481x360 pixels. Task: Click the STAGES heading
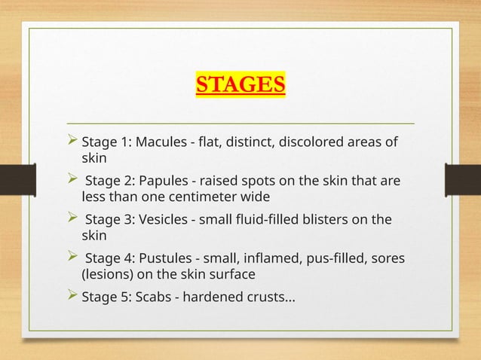tap(240, 83)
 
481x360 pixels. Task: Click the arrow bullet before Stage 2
tap(72, 182)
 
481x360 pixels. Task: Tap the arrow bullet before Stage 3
tap(72, 220)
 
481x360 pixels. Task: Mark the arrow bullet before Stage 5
tap(72, 298)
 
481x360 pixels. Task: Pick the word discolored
tap(308, 142)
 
